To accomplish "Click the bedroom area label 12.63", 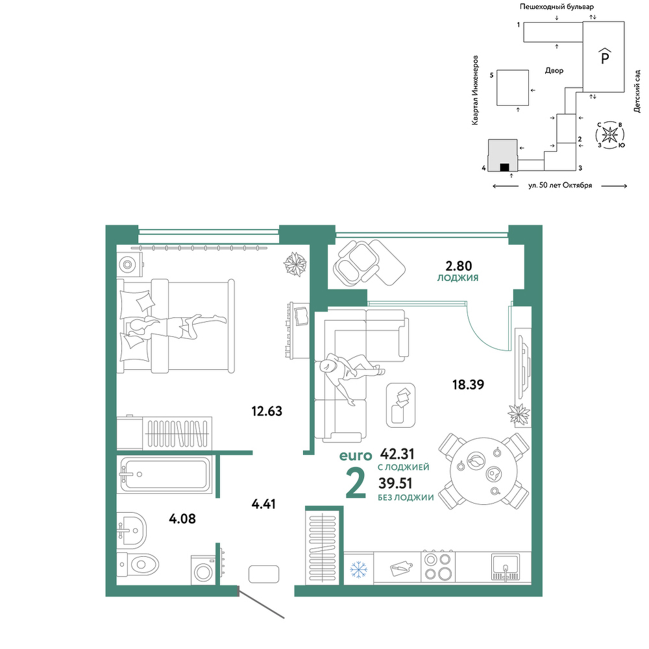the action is (267, 411).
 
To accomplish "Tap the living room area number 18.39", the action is (468, 384).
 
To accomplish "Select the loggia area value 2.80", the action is (459, 265).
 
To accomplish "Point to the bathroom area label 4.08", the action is (182, 518).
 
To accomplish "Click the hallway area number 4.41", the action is (263, 504).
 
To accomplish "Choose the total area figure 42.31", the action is (397, 454).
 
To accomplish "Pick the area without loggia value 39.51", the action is (395, 483).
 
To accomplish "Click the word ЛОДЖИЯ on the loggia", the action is (458, 278).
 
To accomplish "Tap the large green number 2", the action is (356, 484).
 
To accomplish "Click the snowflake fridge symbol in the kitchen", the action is (358, 570).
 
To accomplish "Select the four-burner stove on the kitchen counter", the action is (438, 567).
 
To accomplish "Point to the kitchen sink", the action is (506, 567).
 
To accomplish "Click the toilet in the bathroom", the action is (138, 564).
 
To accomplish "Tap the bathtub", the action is (164, 474).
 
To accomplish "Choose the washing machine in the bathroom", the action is (203, 570).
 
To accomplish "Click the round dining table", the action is (484, 471).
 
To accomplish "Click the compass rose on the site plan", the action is (609, 135).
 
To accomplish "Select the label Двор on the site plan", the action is (554, 71).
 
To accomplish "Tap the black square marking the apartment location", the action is (504, 167).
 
